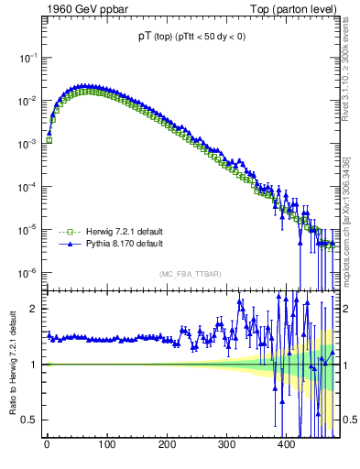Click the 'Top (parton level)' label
pos(295,8)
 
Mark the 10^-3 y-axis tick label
pos(27,144)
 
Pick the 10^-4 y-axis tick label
pos(27,187)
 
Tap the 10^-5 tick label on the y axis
pos(27,230)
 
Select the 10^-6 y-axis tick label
pos(27,273)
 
